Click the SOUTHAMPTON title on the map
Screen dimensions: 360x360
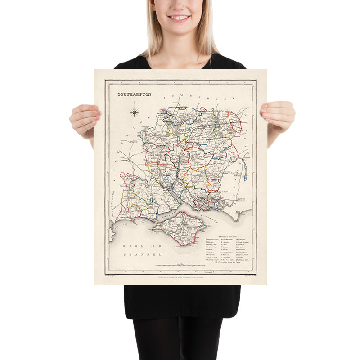point(134,94)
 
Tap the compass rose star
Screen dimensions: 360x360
point(135,112)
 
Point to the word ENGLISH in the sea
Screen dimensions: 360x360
point(138,246)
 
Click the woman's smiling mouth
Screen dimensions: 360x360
point(179,18)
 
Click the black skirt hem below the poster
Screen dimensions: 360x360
point(182,315)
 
